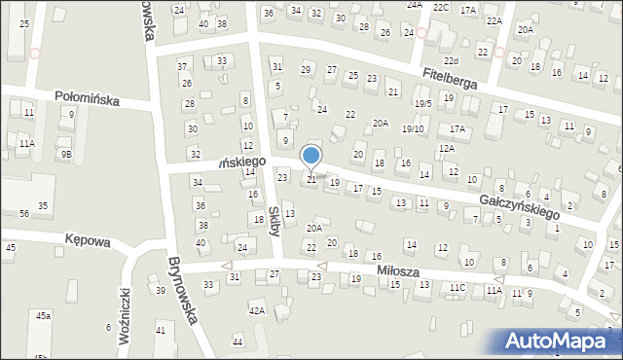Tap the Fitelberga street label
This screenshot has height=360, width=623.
pyautogui.click(x=450, y=79)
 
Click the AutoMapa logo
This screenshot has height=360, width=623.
pyautogui.click(x=562, y=341)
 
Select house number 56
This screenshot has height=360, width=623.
pyautogui.click(x=23, y=213)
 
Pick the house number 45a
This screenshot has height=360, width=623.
pyautogui.click(x=43, y=316)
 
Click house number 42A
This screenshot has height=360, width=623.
pyautogui.click(x=257, y=310)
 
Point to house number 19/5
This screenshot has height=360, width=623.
pyautogui.click(x=422, y=104)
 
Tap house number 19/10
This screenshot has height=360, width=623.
pyautogui.click(x=414, y=128)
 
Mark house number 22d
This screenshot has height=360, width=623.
pyautogui.click(x=450, y=60)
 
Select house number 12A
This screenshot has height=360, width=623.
pyautogui.click(x=446, y=149)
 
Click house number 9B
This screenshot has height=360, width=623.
pyautogui.click(x=66, y=154)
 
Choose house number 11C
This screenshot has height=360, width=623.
pyautogui.click(x=458, y=287)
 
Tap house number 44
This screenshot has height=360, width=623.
pyautogui.click(x=238, y=342)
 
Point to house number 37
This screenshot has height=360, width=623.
pyautogui.click(x=182, y=66)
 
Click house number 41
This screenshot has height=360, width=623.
pyautogui.click(x=161, y=331)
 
